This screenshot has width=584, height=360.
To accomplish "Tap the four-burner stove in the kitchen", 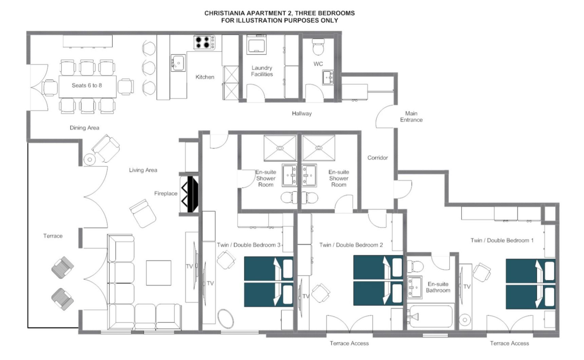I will [204, 42].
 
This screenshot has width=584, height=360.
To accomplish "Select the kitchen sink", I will [178, 63].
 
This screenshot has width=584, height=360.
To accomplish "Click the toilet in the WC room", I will [318, 47].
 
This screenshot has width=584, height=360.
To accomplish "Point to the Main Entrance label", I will [411, 116].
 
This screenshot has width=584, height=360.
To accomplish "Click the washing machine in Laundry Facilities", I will [257, 44].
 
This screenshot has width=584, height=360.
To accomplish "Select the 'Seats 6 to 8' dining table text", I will [87, 86].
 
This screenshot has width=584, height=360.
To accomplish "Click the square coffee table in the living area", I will [158, 273].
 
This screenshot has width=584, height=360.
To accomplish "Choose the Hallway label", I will [302, 113].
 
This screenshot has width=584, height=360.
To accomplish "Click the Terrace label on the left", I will [53, 236].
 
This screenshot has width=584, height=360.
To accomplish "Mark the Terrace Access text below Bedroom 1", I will [509, 343].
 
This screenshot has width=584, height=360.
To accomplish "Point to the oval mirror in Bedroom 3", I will [225, 319].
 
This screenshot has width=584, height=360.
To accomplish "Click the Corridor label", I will [377, 158].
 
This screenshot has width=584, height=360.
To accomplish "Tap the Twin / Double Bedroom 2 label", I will [351, 245].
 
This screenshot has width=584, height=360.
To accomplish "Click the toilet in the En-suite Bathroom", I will [415, 265].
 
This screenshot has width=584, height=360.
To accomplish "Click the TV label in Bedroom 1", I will [467, 287].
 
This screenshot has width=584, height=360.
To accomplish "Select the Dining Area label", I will [84, 128].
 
